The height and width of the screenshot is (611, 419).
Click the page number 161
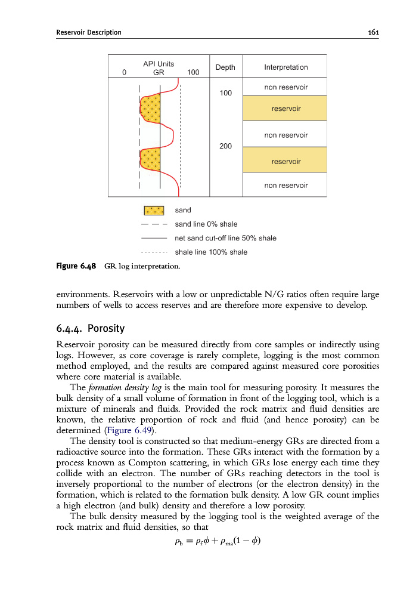pos(374,32)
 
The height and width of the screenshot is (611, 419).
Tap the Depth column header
pos(225,67)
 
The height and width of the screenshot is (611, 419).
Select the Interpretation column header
pos(285,67)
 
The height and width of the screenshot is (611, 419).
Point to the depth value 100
pos(226,93)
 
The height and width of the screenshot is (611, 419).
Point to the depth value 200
pos(226,146)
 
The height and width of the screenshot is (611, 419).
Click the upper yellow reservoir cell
pos(285,109)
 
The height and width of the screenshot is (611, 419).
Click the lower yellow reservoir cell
pos(285,161)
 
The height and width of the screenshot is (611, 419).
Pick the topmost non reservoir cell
pos(285,87)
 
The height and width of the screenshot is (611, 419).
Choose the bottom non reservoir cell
pos(285,185)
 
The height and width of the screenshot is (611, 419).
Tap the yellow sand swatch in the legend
pos(154,210)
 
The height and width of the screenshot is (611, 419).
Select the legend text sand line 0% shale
pos(206,224)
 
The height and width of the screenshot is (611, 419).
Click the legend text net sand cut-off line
pos(225,238)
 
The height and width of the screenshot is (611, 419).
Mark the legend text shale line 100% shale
pos(210,252)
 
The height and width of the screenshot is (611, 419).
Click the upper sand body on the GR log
pos(150,107)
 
